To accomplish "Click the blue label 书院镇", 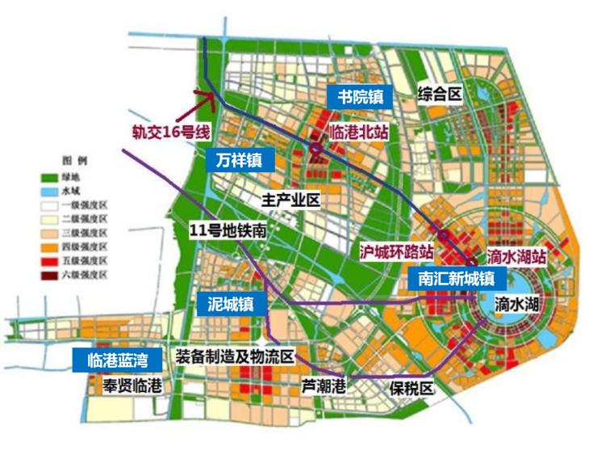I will (x=360, y=97).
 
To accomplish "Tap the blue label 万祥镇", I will (x=239, y=160).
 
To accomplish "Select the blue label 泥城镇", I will (x=231, y=303).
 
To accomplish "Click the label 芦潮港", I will (x=324, y=386).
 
